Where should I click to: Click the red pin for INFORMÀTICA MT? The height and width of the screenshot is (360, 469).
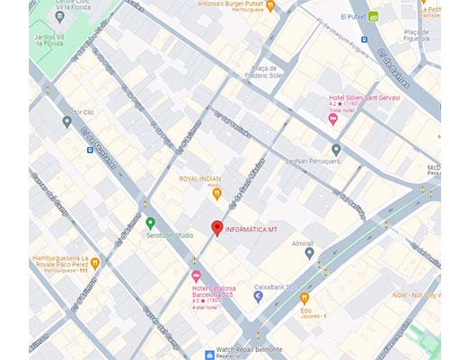216,227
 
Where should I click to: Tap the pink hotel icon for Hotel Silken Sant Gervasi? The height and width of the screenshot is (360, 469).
332,118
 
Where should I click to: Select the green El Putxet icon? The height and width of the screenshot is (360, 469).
373,16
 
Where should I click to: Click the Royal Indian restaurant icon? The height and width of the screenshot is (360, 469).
216,192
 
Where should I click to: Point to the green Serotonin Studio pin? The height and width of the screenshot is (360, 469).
150,223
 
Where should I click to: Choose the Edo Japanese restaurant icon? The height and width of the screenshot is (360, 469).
305,297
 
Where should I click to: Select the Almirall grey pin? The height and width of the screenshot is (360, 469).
309,254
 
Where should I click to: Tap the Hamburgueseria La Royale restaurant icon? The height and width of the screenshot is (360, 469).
94,263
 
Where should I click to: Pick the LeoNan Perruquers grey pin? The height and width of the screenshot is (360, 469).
336,149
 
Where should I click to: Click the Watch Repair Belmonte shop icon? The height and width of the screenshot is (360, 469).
209,355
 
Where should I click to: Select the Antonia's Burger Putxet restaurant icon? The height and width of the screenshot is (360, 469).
270,5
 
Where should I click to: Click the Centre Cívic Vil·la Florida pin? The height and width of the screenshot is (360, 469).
59,16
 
